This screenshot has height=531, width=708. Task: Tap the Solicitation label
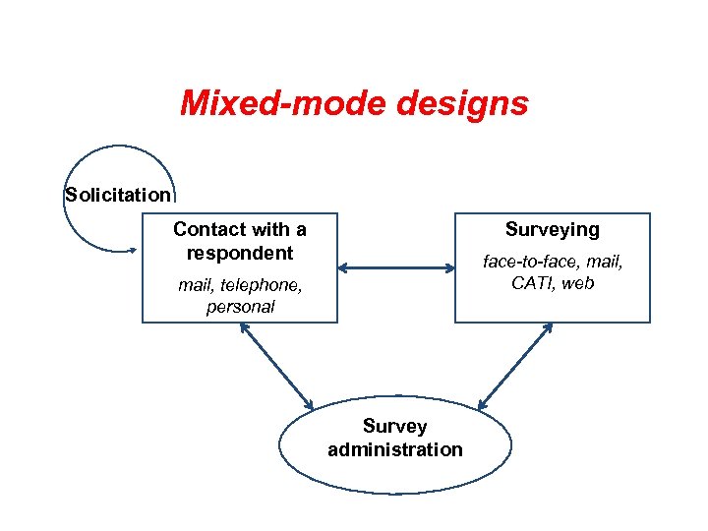coord(118,194)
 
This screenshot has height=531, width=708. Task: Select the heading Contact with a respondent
coord(239,241)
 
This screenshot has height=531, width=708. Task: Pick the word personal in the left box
coord(240,307)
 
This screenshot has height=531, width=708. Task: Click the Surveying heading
coord(552,229)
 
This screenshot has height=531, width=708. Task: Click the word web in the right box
coord(579,283)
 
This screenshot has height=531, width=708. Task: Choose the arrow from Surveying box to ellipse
coord(515,366)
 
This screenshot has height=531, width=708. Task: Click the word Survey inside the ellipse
coord(394,426)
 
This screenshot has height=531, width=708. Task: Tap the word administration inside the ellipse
coord(394,449)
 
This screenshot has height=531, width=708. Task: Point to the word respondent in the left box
coord(239,253)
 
